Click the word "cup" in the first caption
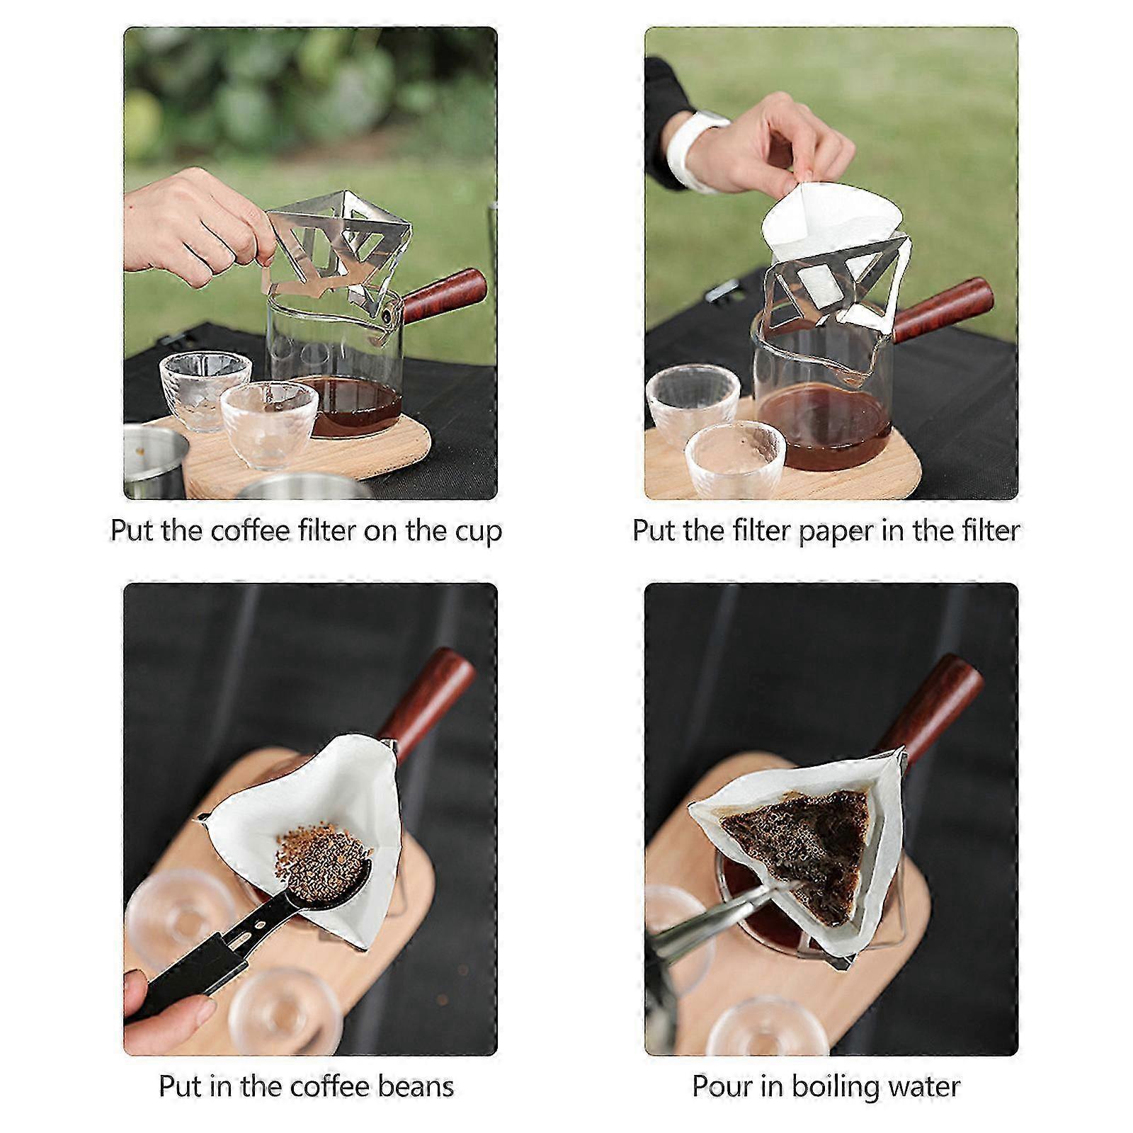[x=478, y=532]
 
